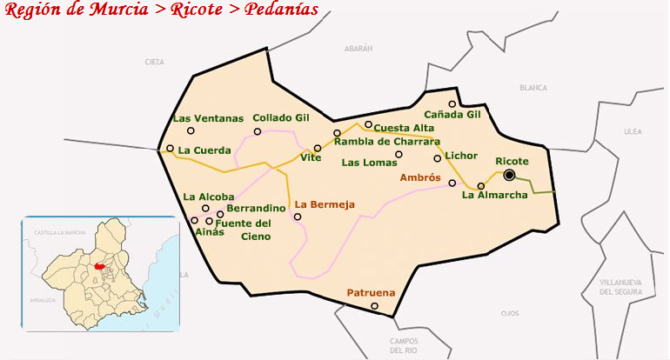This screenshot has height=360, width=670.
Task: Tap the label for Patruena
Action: point(371,293)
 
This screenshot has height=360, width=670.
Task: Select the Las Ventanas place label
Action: point(208,118)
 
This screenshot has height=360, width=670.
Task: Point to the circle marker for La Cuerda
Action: point(171,149)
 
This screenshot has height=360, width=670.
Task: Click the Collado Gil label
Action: point(281,117)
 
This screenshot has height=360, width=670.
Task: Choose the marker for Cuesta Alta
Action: point(368,124)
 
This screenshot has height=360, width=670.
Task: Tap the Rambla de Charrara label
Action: point(387,141)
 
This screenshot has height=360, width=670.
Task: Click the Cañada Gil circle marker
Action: point(452,104)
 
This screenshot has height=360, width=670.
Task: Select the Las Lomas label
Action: point(369,162)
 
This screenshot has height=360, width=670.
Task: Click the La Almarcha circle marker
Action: point(481,185)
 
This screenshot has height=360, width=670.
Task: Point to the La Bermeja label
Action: point(325,205)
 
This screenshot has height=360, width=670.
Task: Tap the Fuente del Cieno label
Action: point(243,230)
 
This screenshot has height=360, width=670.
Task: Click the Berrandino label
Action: point(256,209)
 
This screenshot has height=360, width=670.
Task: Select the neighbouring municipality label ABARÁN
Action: point(358,49)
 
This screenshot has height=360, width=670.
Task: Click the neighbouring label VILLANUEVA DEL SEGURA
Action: point(621,288)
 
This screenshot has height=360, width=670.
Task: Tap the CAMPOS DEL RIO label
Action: point(405,345)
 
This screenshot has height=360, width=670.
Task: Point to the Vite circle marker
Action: point(318,149)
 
